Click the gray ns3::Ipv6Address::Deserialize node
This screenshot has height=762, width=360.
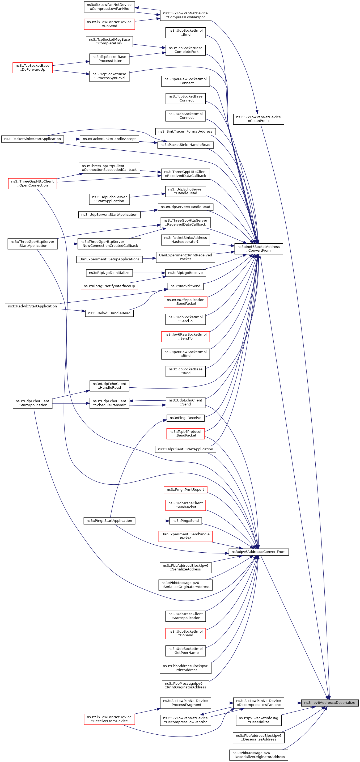click(329, 702)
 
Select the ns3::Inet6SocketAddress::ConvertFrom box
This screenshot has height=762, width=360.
click(258, 248)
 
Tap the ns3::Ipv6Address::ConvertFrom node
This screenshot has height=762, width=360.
click(258, 552)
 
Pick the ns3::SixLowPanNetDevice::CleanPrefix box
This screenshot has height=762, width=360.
click(258, 119)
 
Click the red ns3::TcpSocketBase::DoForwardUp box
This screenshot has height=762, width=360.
click(32, 67)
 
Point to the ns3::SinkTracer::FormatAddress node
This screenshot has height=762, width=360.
click(185, 131)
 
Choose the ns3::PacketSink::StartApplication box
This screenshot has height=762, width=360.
click(32, 139)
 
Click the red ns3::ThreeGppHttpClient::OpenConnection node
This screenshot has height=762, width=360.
click(32, 183)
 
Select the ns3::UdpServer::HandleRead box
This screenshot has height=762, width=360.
click(185, 207)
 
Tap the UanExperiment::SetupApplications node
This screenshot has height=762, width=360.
click(109, 259)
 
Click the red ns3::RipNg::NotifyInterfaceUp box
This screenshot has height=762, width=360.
click(109, 286)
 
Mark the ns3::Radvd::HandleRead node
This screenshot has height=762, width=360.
click(109, 313)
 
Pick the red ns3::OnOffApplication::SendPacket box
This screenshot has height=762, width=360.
click(185, 302)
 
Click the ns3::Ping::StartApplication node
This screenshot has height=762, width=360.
click(109, 521)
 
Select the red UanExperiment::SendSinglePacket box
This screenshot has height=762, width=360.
click(185, 536)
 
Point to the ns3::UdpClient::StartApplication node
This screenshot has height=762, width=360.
click(185, 449)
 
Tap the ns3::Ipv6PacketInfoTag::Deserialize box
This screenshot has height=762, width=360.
click(258, 720)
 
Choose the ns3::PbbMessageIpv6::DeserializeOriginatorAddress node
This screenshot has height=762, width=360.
click(258, 755)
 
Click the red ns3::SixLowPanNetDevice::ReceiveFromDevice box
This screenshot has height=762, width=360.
click(109, 719)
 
